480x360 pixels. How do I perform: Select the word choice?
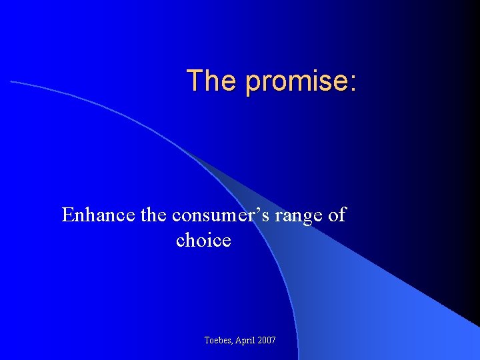[x=203, y=240]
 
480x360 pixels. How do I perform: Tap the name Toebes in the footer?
[x=218, y=341]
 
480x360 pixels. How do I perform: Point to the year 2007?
[x=267, y=341]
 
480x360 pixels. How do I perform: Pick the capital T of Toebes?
[x=207, y=341]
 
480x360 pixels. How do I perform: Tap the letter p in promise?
[x=253, y=83]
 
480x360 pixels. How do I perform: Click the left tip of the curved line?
[x=11, y=81]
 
